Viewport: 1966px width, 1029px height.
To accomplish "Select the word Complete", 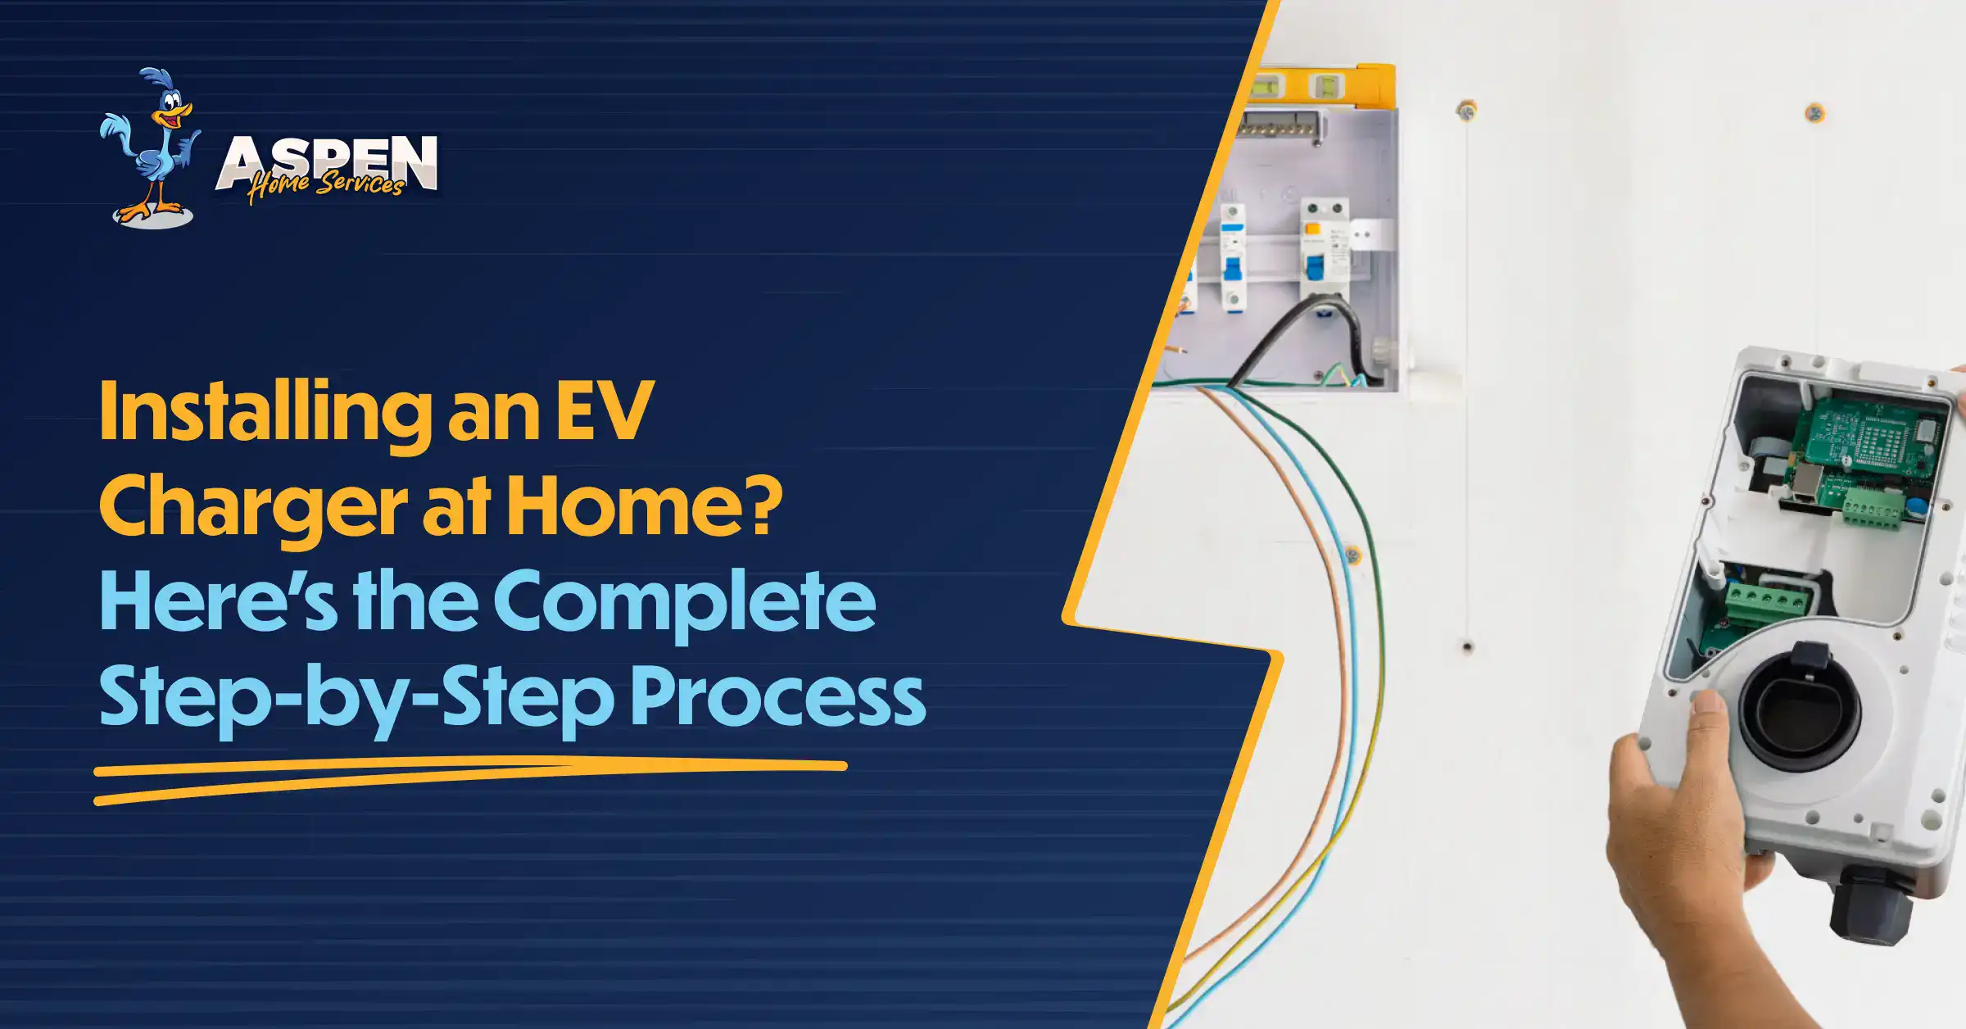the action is click(684, 605).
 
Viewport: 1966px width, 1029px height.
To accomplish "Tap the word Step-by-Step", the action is click(356, 699).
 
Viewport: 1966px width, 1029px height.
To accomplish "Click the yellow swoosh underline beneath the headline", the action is click(470, 780).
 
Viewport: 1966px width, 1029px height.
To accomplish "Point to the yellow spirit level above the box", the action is click(1322, 84).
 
